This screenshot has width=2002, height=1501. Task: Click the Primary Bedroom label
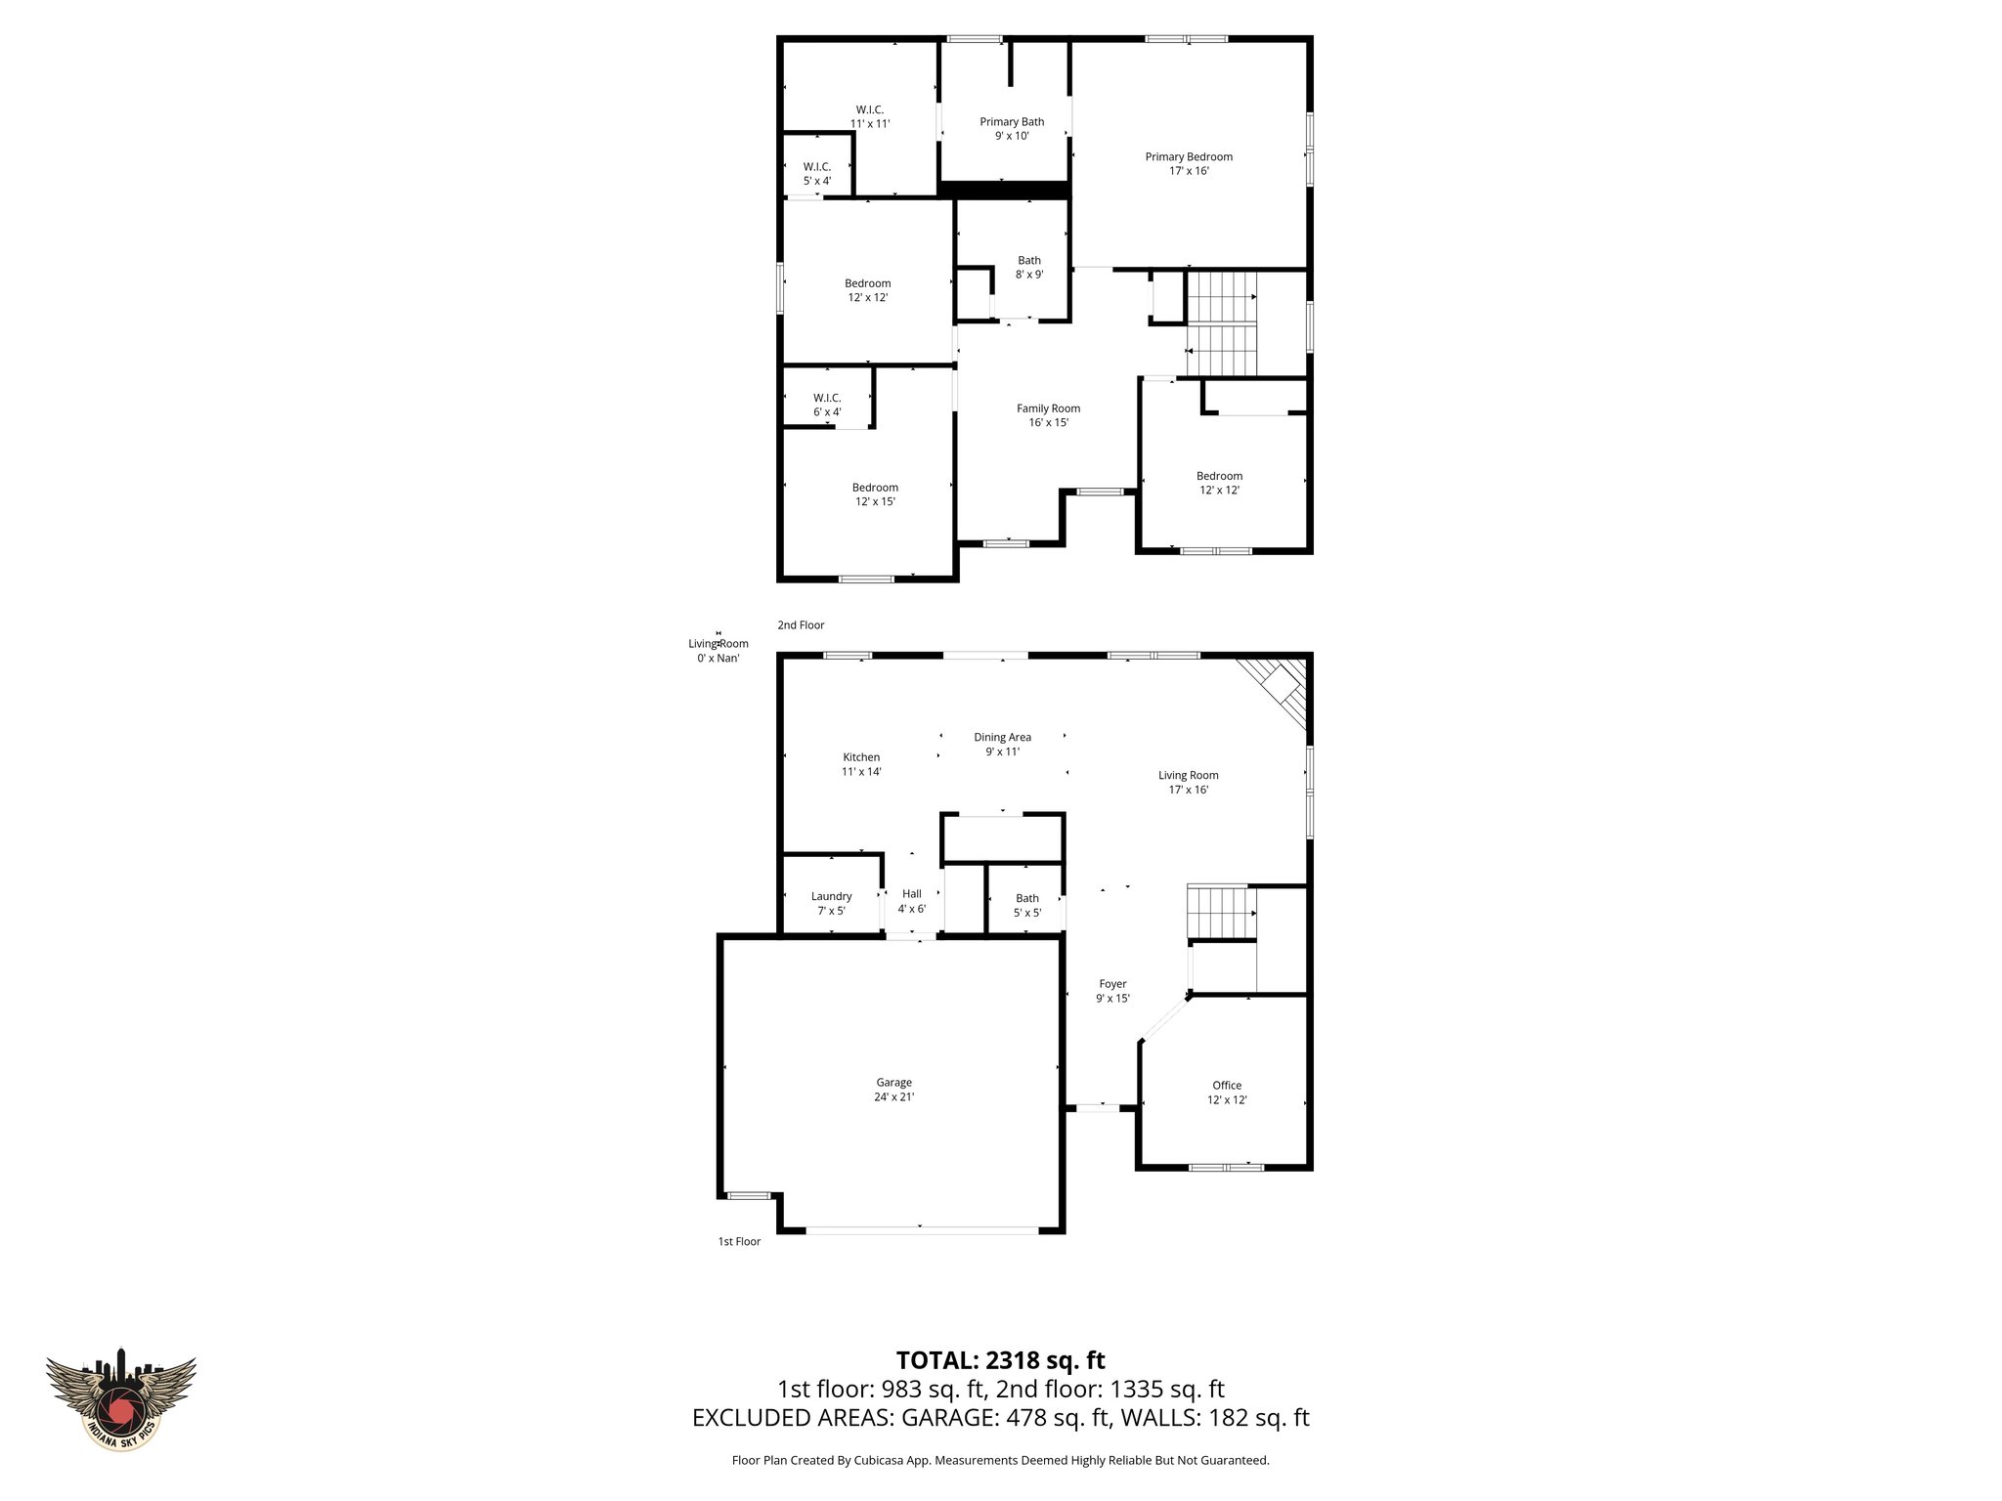click(1189, 163)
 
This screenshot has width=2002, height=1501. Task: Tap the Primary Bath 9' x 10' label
click(1012, 129)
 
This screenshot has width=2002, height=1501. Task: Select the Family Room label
click(1048, 415)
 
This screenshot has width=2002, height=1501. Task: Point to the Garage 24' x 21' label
click(893, 1089)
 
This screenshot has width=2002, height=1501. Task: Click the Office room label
click(1227, 1092)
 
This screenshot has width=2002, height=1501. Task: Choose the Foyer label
click(1112, 991)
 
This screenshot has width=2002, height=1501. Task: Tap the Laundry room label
click(831, 903)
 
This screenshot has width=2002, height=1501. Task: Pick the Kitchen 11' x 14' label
click(861, 764)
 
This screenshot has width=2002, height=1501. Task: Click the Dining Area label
click(1002, 744)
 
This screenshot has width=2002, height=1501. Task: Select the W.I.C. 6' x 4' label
click(827, 405)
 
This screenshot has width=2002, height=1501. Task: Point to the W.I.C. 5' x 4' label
click(817, 173)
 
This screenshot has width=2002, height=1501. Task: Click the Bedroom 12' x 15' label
click(875, 494)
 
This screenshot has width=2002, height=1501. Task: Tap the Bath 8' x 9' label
click(1029, 267)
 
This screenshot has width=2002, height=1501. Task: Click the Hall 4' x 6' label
click(911, 901)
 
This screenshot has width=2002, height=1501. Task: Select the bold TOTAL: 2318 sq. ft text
click(1000, 1359)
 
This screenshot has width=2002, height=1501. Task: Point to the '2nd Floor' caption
click(801, 624)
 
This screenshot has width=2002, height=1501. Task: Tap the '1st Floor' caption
click(739, 1241)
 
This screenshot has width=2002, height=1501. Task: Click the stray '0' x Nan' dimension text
click(718, 659)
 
